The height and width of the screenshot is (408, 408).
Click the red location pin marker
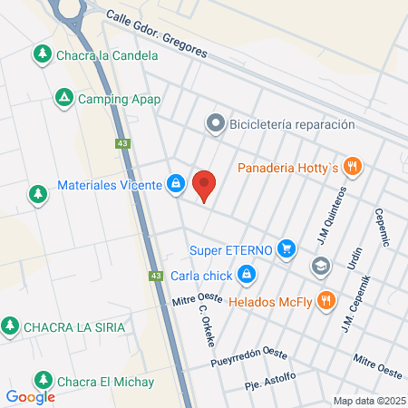coord(204,185)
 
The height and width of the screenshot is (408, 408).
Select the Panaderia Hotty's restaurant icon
coord(353,167)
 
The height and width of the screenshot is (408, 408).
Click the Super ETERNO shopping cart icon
coord(287,248)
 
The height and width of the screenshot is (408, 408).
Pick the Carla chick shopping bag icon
coord(246,273)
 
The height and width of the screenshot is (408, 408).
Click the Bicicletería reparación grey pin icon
coord(215,123)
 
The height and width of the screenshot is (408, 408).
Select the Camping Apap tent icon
coord(63,97)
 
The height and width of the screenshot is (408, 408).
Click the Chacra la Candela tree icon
coord(42,54)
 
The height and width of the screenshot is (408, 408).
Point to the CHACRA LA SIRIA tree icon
coord(10,325)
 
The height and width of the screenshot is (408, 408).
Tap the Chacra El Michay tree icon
coord(42,379)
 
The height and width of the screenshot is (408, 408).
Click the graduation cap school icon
coord(319,266)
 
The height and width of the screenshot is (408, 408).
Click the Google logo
coord(30,396)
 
